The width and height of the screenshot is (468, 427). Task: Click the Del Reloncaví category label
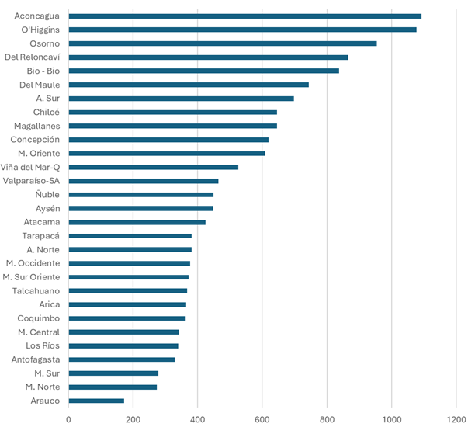33,57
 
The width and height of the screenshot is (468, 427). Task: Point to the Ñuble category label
47,195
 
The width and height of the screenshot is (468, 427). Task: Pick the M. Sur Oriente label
31,277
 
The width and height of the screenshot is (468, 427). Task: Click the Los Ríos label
43,345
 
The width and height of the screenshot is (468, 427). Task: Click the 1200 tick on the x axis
456,420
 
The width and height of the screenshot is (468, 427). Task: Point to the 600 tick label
262,420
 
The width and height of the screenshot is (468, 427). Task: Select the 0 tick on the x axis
68,420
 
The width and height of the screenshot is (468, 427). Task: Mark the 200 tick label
133,420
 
